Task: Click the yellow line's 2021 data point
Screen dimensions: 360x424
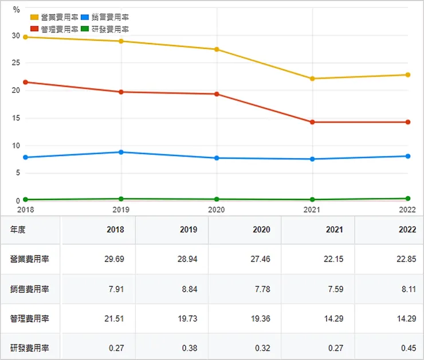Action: (x=312, y=79)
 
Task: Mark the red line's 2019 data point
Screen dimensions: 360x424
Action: (x=121, y=92)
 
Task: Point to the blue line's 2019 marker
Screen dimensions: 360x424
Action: (x=121, y=152)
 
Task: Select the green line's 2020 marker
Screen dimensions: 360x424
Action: (x=217, y=199)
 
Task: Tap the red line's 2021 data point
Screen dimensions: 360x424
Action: (x=312, y=122)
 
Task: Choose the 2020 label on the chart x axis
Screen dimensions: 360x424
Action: (x=217, y=210)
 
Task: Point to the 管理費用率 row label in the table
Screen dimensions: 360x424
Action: (x=29, y=319)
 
